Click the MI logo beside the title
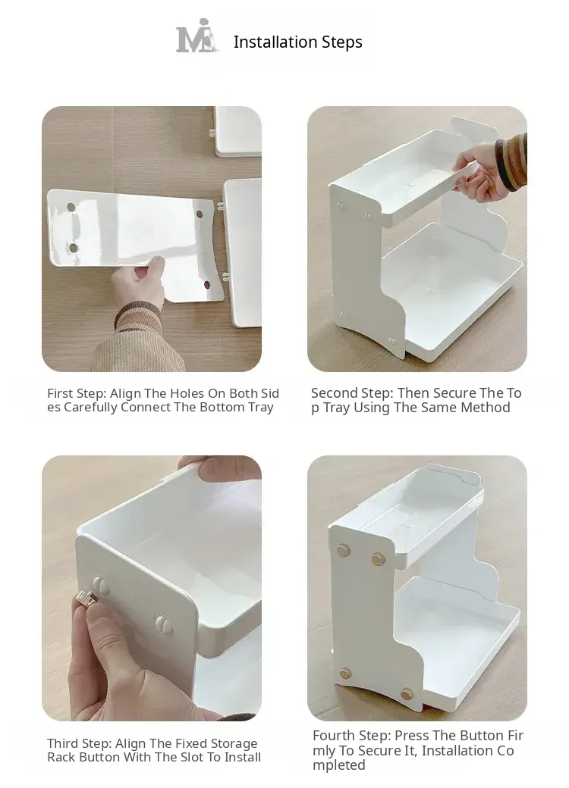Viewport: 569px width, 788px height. click(x=197, y=36)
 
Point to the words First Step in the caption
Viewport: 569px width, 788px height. click(x=77, y=393)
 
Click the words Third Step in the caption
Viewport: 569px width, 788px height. click(x=80, y=743)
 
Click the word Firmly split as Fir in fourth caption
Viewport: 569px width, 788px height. click(x=515, y=736)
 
